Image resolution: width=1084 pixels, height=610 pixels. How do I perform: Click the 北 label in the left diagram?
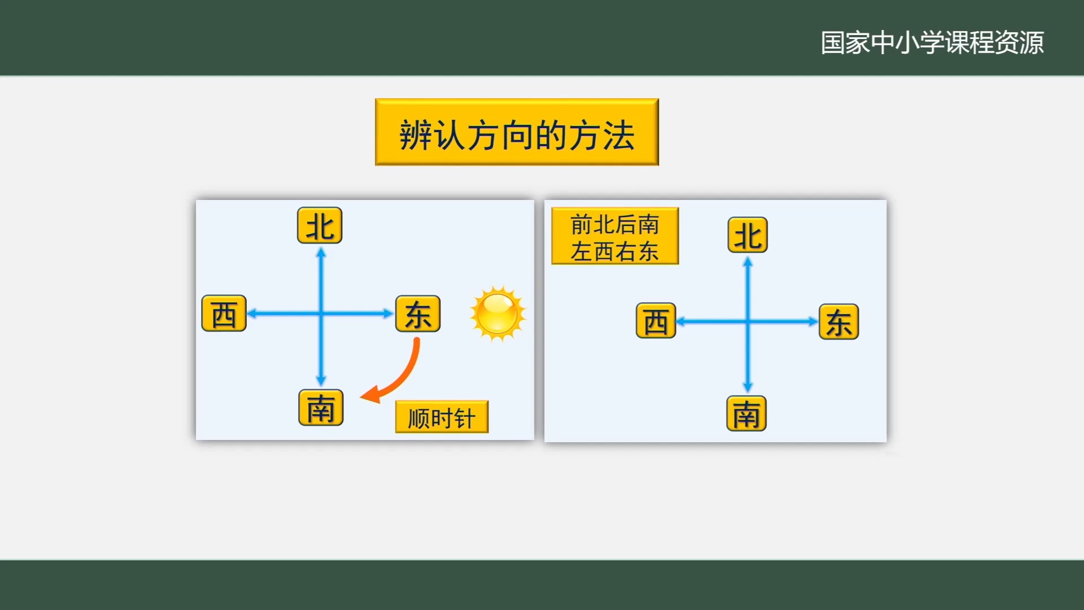point(320,226)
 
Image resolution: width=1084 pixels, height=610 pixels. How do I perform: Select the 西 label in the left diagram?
point(224,313)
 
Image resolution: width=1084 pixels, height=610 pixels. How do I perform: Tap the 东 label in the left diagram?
point(418,313)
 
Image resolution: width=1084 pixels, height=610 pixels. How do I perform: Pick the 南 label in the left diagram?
point(321,407)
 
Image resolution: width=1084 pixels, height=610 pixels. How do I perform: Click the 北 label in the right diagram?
point(748,235)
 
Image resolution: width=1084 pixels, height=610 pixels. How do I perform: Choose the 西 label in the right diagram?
point(655,321)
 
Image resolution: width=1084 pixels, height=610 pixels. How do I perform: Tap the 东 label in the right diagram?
point(838,322)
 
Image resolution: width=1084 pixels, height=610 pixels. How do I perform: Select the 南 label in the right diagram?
point(746,413)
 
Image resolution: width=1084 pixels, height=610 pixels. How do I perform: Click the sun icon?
point(497,313)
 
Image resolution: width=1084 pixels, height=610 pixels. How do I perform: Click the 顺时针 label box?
point(442,417)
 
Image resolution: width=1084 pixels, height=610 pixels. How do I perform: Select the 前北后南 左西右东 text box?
point(615,236)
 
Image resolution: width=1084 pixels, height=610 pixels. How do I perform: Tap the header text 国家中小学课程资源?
point(932,42)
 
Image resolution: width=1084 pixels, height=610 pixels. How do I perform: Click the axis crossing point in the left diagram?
point(321,313)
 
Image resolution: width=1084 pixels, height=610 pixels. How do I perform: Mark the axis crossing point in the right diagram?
point(748,322)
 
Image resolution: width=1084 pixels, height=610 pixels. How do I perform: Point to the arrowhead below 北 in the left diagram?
point(321,253)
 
